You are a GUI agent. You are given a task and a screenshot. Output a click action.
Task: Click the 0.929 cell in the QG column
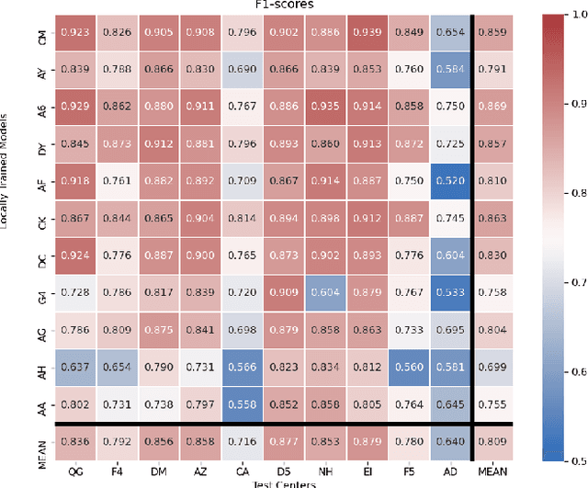tap(76, 106)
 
